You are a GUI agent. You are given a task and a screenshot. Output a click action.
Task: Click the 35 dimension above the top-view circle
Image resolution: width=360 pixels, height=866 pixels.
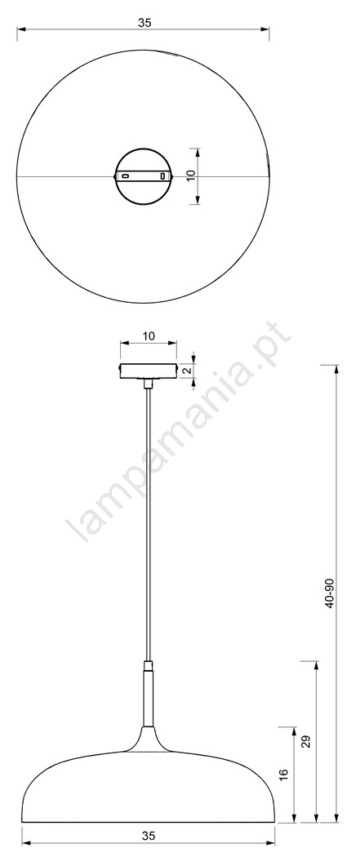click(x=144, y=23)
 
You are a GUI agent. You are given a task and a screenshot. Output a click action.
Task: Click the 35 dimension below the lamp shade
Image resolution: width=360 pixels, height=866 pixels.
click(x=148, y=836)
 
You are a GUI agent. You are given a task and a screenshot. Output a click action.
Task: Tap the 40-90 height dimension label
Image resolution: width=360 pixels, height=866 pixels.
click(x=330, y=593)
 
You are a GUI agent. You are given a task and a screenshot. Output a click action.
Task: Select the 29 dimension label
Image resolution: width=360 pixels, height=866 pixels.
click(x=308, y=741)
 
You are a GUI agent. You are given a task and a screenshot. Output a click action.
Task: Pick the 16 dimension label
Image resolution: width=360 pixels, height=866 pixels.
click(x=285, y=775)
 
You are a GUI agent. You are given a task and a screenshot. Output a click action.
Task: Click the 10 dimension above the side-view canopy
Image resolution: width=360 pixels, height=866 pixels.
click(x=149, y=335)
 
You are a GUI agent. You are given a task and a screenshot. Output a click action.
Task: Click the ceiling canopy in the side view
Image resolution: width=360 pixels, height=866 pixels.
click(x=149, y=370)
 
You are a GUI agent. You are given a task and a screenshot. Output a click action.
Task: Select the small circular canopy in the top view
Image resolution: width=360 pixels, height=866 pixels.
click(x=144, y=149)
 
